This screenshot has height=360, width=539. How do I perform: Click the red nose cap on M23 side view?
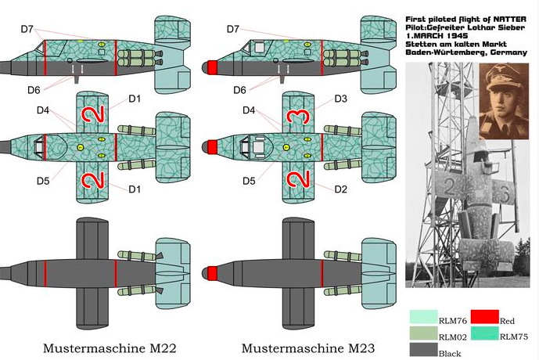[209, 68]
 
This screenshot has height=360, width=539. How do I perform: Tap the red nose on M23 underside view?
[209, 273]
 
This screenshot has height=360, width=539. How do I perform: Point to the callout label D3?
[340, 99]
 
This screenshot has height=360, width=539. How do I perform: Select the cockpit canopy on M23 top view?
[253, 146]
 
